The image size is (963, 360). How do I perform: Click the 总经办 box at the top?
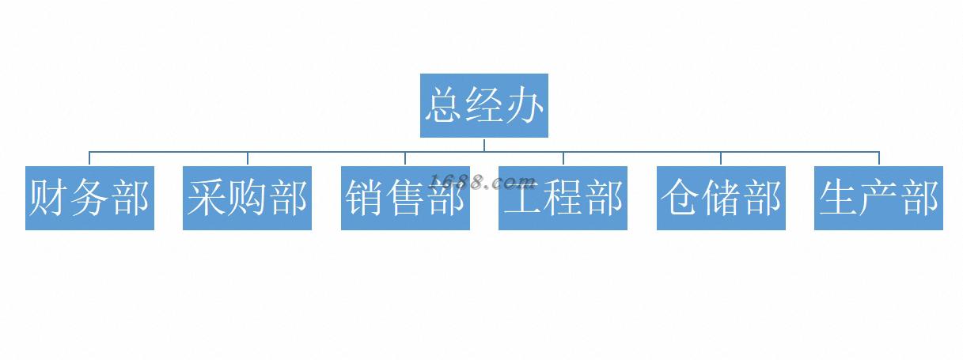pyautogui.click(x=483, y=105)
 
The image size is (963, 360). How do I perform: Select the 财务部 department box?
pyautogui.click(x=89, y=198)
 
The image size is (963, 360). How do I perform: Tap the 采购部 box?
pyautogui.click(x=247, y=198)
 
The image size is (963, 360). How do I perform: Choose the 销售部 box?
pyautogui.click(x=405, y=198)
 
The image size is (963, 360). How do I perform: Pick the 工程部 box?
pyautogui.click(x=563, y=198)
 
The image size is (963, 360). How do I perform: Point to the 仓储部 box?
pyautogui.click(x=721, y=198)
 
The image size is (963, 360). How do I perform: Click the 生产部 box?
pyautogui.click(x=878, y=198)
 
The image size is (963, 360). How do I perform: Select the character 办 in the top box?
pyautogui.click(x=525, y=105)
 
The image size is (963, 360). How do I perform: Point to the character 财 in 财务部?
pyautogui.click(x=47, y=198)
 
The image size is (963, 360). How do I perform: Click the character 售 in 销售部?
pyautogui.click(x=405, y=198)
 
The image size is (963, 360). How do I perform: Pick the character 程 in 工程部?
pyautogui.click(x=563, y=198)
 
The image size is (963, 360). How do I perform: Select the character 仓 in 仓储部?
pyautogui.click(x=680, y=198)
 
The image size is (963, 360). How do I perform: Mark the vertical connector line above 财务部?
pyautogui.click(x=89, y=158)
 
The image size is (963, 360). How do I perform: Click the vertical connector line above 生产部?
pyautogui.click(x=879, y=158)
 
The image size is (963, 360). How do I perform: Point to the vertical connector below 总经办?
pyautogui.click(x=484, y=144)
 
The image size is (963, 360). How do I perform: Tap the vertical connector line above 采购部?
pyautogui.click(x=248, y=158)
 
